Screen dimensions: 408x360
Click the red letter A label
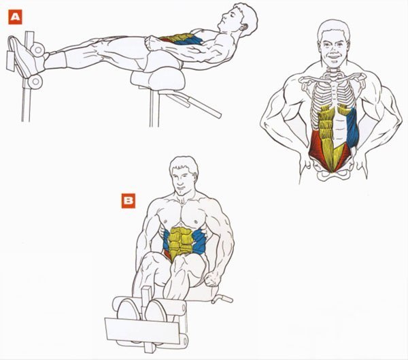pyautogui.click(x=15, y=17)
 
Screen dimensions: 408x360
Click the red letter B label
pyautogui.click(x=129, y=201)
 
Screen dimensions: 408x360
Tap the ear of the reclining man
pyautogui.click(x=243, y=27)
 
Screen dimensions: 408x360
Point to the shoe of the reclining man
pyautogui.click(x=24, y=56)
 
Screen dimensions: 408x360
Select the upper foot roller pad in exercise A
pyautogui.click(x=37, y=50)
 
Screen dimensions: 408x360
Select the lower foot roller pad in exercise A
pyautogui.click(x=35, y=82)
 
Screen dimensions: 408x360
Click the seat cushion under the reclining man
pyautogui.click(x=158, y=80)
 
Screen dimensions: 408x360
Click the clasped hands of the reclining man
pyautogui.click(x=154, y=44)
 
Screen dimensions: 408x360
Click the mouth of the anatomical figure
pyautogui.click(x=334, y=56)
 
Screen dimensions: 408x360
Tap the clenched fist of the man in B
pyautogui.click(x=212, y=279)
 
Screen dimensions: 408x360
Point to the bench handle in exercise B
pyautogui.click(x=222, y=299)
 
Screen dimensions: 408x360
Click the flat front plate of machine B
pyautogui.click(x=142, y=330)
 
